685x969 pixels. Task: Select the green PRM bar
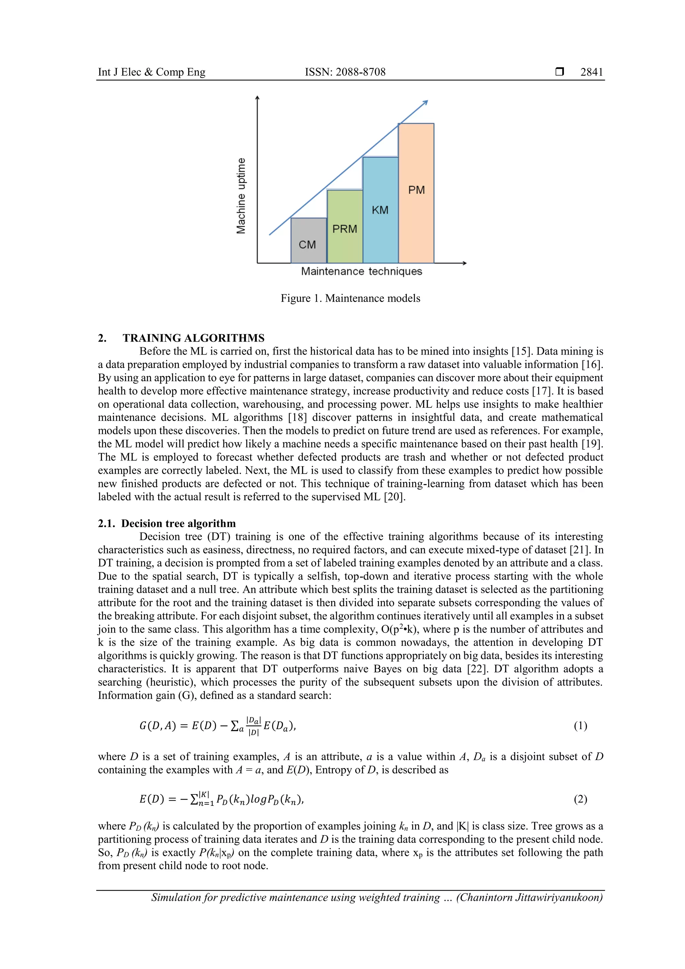(345, 227)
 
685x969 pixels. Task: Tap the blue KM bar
(380, 210)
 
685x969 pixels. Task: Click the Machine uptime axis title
(241, 196)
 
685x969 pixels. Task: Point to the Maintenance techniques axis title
(361, 271)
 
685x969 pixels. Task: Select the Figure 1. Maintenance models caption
(350, 298)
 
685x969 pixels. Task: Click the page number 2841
(591, 72)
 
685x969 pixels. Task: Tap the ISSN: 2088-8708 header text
(345, 72)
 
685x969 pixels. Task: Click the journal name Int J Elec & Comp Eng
(152, 72)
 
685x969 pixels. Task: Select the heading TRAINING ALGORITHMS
(193, 338)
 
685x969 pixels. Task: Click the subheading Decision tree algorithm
(178, 523)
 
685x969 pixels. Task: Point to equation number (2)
(580, 799)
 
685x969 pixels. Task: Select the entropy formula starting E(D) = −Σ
(221, 799)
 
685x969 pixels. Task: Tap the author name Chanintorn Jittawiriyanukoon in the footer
(530, 897)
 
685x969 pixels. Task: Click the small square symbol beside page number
(560, 72)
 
